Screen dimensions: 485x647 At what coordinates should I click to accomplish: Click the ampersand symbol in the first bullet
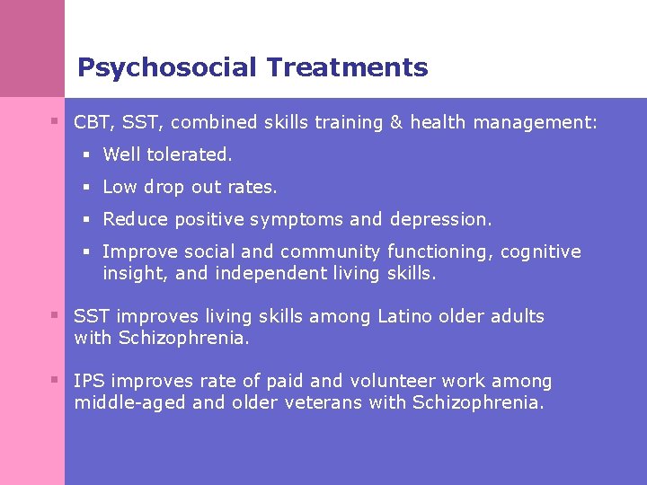(395, 122)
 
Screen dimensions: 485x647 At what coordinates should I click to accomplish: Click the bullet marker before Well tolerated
(87, 154)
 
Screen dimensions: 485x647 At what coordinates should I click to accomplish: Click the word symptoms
(297, 219)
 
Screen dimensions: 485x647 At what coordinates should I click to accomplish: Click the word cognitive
(540, 251)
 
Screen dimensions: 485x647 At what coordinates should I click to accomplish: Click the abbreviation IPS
(89, 381)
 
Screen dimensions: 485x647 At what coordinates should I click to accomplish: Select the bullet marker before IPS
(55, 380)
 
